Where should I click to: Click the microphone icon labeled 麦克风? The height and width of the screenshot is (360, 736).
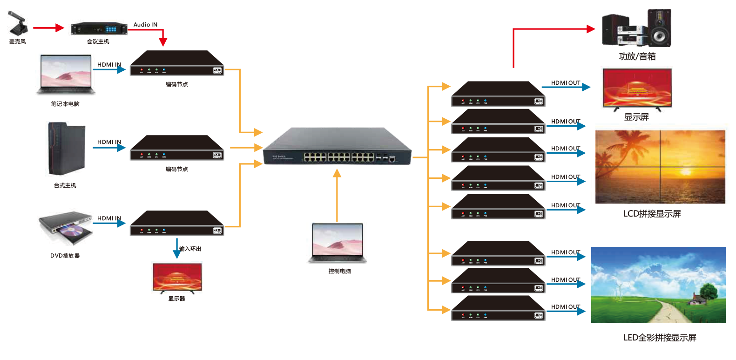tap(18, 24)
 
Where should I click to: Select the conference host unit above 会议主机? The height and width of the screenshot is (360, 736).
tap(99, 28)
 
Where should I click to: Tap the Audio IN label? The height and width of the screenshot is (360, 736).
tap(145, 25)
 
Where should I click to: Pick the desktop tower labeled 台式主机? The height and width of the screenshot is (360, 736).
tap(67, 149)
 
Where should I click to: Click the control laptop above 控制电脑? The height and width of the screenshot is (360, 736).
tap(338, 243)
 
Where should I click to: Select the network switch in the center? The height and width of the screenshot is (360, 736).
tap(337, 147)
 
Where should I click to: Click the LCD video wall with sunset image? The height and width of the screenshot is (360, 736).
tap(660, 167)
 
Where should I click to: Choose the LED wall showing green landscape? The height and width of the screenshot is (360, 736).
tap(658, 285)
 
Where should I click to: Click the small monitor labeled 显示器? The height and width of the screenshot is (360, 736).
tap(177, 278)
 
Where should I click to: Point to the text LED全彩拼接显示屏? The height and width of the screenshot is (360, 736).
tap(659, 338)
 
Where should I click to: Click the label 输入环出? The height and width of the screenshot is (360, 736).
tap(190, 249)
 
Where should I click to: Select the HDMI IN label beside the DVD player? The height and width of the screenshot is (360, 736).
tap(109, 218)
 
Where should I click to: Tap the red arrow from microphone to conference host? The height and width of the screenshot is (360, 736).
tap(48, 28)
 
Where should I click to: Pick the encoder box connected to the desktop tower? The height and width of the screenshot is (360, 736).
tap(177, 148)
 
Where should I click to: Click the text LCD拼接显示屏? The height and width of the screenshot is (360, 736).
tap(652, 214)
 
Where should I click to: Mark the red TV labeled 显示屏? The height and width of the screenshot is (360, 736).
tap(637, 88)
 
